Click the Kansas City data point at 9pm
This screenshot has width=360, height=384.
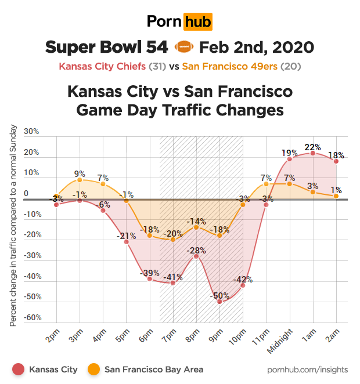click(x=219, y=302)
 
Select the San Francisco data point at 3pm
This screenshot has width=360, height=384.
click(x=80, y=180)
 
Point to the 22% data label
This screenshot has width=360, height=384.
click(x=313, y=147)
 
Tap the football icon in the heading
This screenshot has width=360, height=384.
click(x=183, y=47)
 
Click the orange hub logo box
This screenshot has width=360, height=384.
click(x=197, y=22)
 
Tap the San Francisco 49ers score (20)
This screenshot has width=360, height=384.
click(x=290, y=66)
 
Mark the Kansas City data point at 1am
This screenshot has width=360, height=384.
click(x=313, y=153)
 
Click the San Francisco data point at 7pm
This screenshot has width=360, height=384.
click(x=172, y=240)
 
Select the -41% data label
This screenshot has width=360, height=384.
click(x=172, y=277)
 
